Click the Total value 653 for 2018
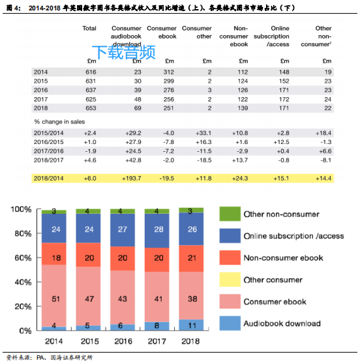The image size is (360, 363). (89, 108)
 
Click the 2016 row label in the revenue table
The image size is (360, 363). (40, 89)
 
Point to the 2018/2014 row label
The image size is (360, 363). (50, 178)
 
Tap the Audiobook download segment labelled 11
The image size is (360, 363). (191, 324)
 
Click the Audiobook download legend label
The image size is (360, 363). (282, 323)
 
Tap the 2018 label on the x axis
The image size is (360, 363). (191, 341)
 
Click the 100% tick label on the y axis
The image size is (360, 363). (20, 210)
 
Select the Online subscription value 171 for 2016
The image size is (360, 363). (280, 89)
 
